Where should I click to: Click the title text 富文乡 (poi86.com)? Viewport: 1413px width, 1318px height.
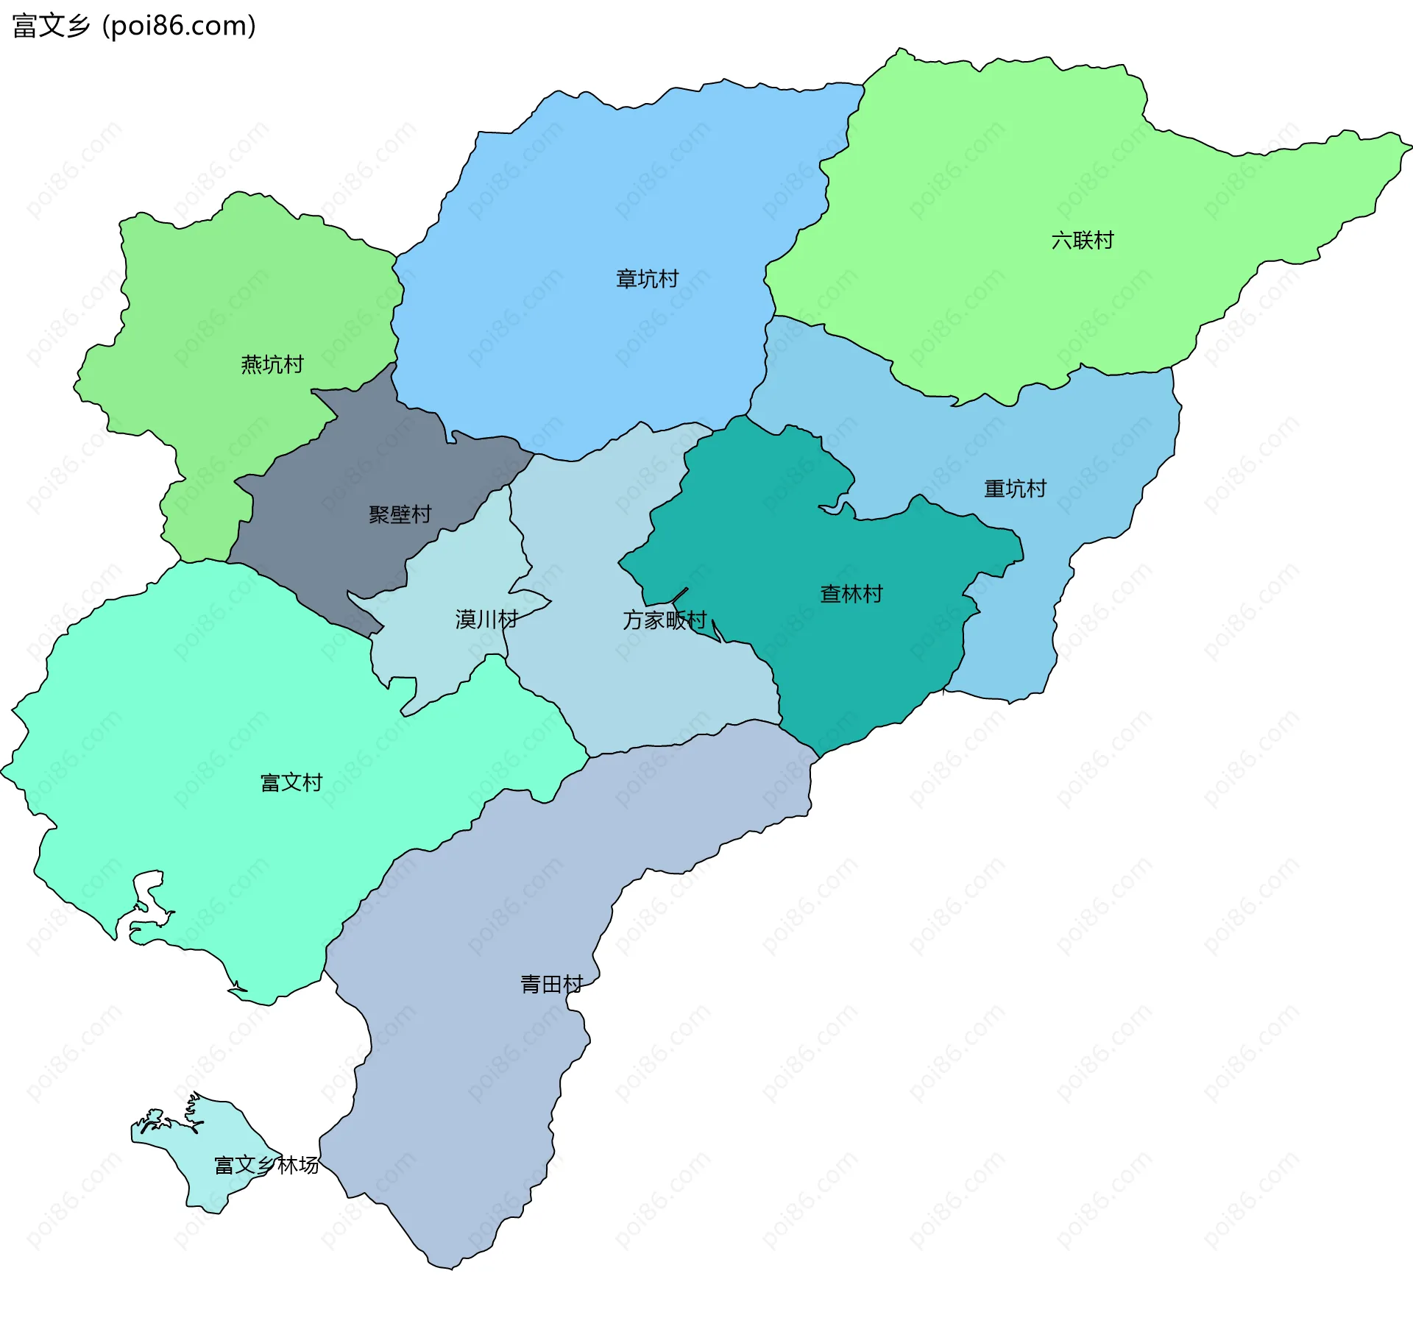134,26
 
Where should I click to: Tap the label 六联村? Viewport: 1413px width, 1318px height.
1082,241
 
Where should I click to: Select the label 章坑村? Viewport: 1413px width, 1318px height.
647,279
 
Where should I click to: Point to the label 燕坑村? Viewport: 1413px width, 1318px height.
272,364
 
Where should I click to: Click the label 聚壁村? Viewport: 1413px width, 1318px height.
400,514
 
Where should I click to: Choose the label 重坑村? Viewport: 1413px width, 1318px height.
1015,489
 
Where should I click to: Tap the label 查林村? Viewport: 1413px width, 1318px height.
851,594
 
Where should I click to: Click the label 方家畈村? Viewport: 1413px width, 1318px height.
664,620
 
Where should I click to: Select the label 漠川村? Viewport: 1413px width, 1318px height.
486,619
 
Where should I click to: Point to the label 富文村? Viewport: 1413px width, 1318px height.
291,782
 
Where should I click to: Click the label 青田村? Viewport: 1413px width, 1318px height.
551,984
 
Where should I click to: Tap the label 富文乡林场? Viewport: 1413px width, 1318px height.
266,1165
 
